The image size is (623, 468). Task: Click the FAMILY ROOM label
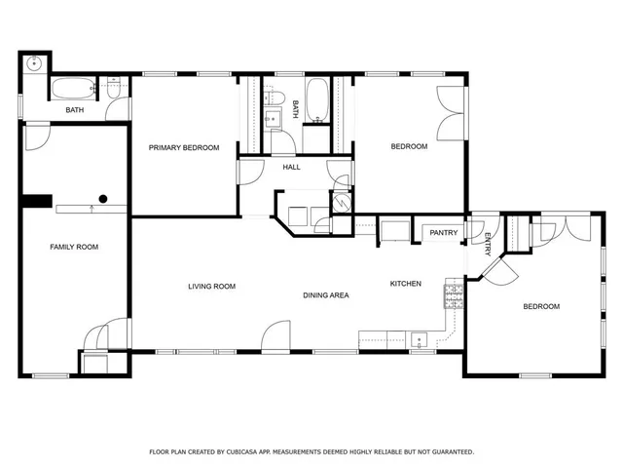[74, 248]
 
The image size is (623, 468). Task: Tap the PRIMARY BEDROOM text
[184, 147]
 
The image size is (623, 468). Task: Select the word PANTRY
[444, 233]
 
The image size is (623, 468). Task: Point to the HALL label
[291, 168]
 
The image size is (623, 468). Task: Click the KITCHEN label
[406, 284]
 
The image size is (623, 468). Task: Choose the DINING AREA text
[326, 294]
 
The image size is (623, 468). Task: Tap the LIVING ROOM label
[212, 286]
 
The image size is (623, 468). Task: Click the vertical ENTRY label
[487, 244]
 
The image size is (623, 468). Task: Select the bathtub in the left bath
[71, 90]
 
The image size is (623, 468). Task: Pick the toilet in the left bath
[115, 91]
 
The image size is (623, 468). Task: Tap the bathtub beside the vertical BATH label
[318, 100]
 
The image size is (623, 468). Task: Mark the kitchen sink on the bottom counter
[420, 340]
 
